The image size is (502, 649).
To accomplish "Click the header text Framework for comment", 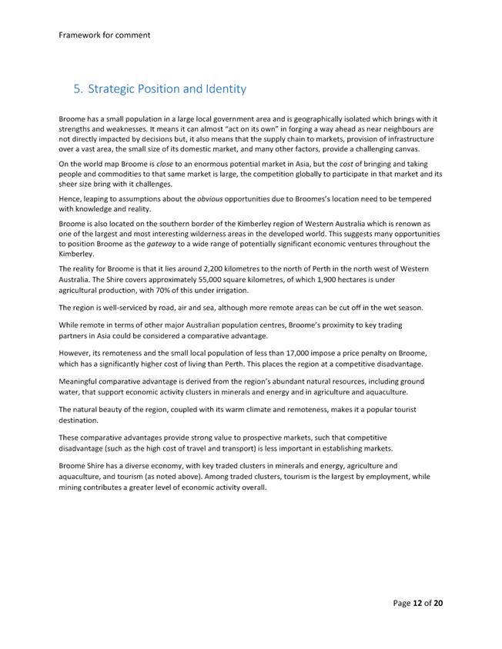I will tap(104, 35).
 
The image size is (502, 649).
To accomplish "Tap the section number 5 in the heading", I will tap(77, 89).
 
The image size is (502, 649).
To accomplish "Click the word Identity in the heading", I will tap(221, 89).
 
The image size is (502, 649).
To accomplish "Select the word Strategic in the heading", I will tap(115, 89).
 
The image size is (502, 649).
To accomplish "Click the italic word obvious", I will tap(213, 198).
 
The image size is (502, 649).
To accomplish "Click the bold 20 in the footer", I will tap(437, 603).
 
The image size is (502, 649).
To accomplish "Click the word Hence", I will tap(70, 198).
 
